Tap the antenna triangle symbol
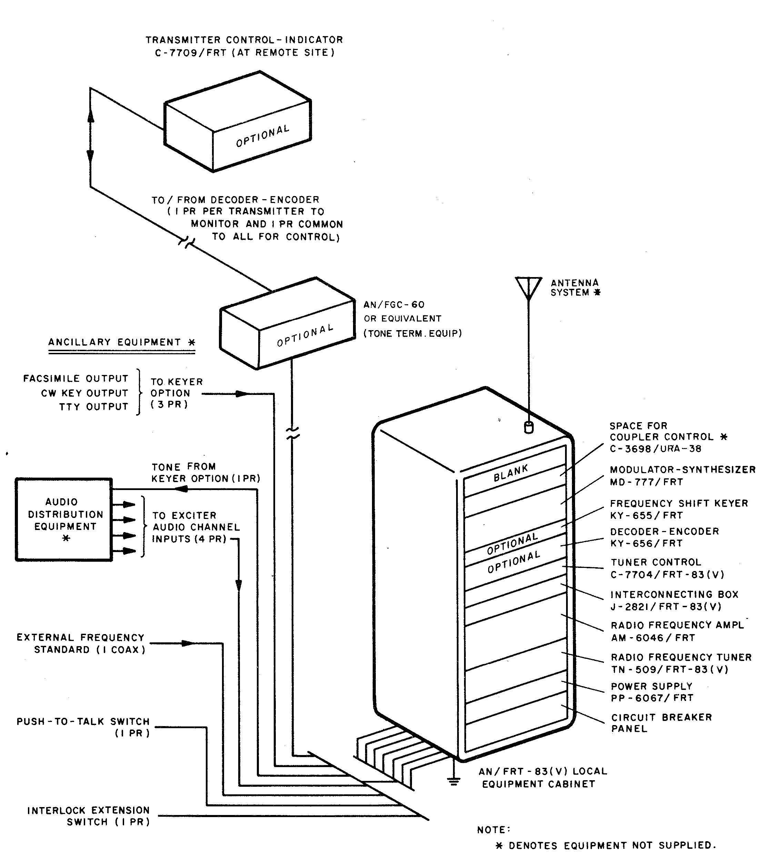(529, 285)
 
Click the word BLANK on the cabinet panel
(511, 473)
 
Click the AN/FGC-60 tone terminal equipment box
(287, 323)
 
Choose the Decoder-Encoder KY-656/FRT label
(664, 537)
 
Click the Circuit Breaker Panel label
(661, 723)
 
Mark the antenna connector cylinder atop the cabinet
(529, 428)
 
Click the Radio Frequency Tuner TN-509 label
(681, 663)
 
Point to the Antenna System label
(575, 288)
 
